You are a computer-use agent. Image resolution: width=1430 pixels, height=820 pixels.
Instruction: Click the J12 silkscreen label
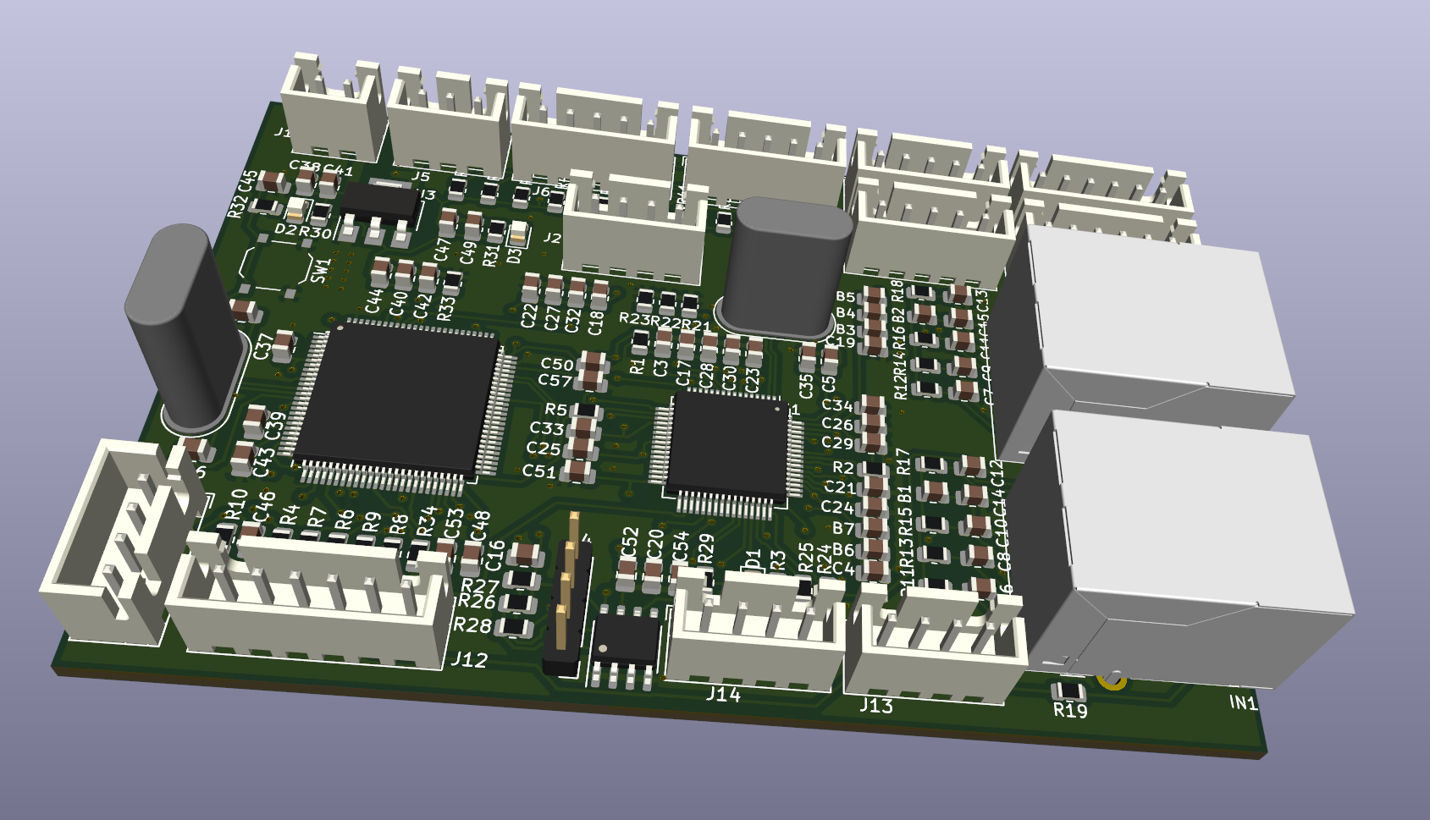(469, 659)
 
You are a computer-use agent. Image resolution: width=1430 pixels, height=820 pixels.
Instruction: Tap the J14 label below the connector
(723, 694)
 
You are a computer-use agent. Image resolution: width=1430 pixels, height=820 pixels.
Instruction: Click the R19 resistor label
(1070, 710)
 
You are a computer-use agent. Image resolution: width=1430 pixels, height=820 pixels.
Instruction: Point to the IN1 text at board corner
(1243, 702)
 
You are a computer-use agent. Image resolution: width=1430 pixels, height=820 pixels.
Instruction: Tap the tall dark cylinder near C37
(183, 326)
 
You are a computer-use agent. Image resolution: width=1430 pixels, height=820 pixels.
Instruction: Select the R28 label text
(472, 625)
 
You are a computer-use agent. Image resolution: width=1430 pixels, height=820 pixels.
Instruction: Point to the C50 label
(557, 364)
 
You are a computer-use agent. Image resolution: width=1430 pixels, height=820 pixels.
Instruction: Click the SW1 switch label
(320, 270)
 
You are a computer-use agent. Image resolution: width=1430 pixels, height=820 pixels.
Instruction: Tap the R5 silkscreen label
(555, 410)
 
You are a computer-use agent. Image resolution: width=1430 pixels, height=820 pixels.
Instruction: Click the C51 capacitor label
(539, 471)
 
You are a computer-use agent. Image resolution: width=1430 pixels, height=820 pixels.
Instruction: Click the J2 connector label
(552, 238)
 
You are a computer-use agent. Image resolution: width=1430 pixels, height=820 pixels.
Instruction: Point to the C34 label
(836, 405)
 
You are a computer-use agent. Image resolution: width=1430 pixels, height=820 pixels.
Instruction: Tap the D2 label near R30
(286, 229)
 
